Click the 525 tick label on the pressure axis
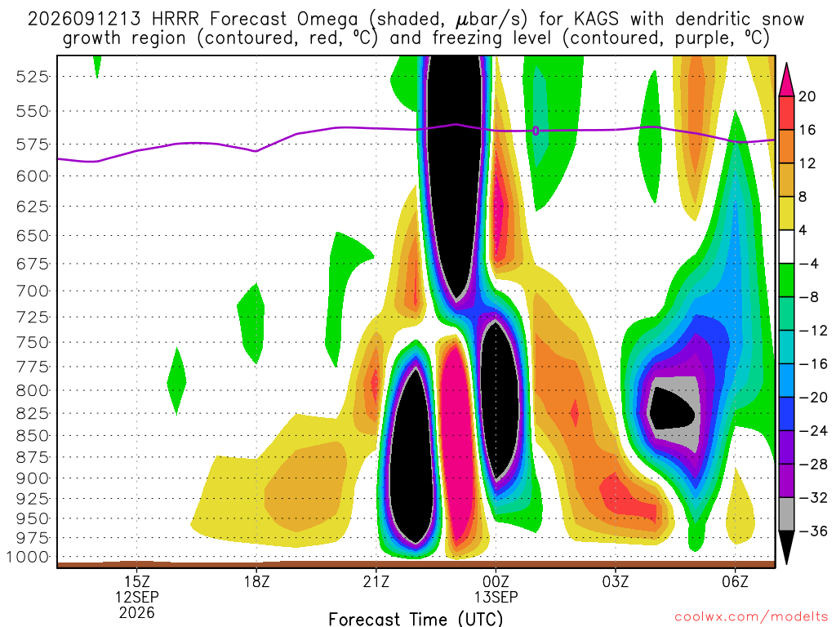33,77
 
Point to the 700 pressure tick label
33,291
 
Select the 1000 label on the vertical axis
28,557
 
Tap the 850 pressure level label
33,436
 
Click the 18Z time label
256,581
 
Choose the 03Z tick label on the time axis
616,581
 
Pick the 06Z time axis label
735,581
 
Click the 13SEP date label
496,597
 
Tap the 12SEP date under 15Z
137,597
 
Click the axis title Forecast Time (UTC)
416,619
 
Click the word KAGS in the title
596,20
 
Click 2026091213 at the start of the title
84,20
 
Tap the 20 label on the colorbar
807,96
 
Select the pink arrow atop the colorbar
786,79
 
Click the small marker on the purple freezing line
536,131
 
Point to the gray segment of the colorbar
786,514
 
